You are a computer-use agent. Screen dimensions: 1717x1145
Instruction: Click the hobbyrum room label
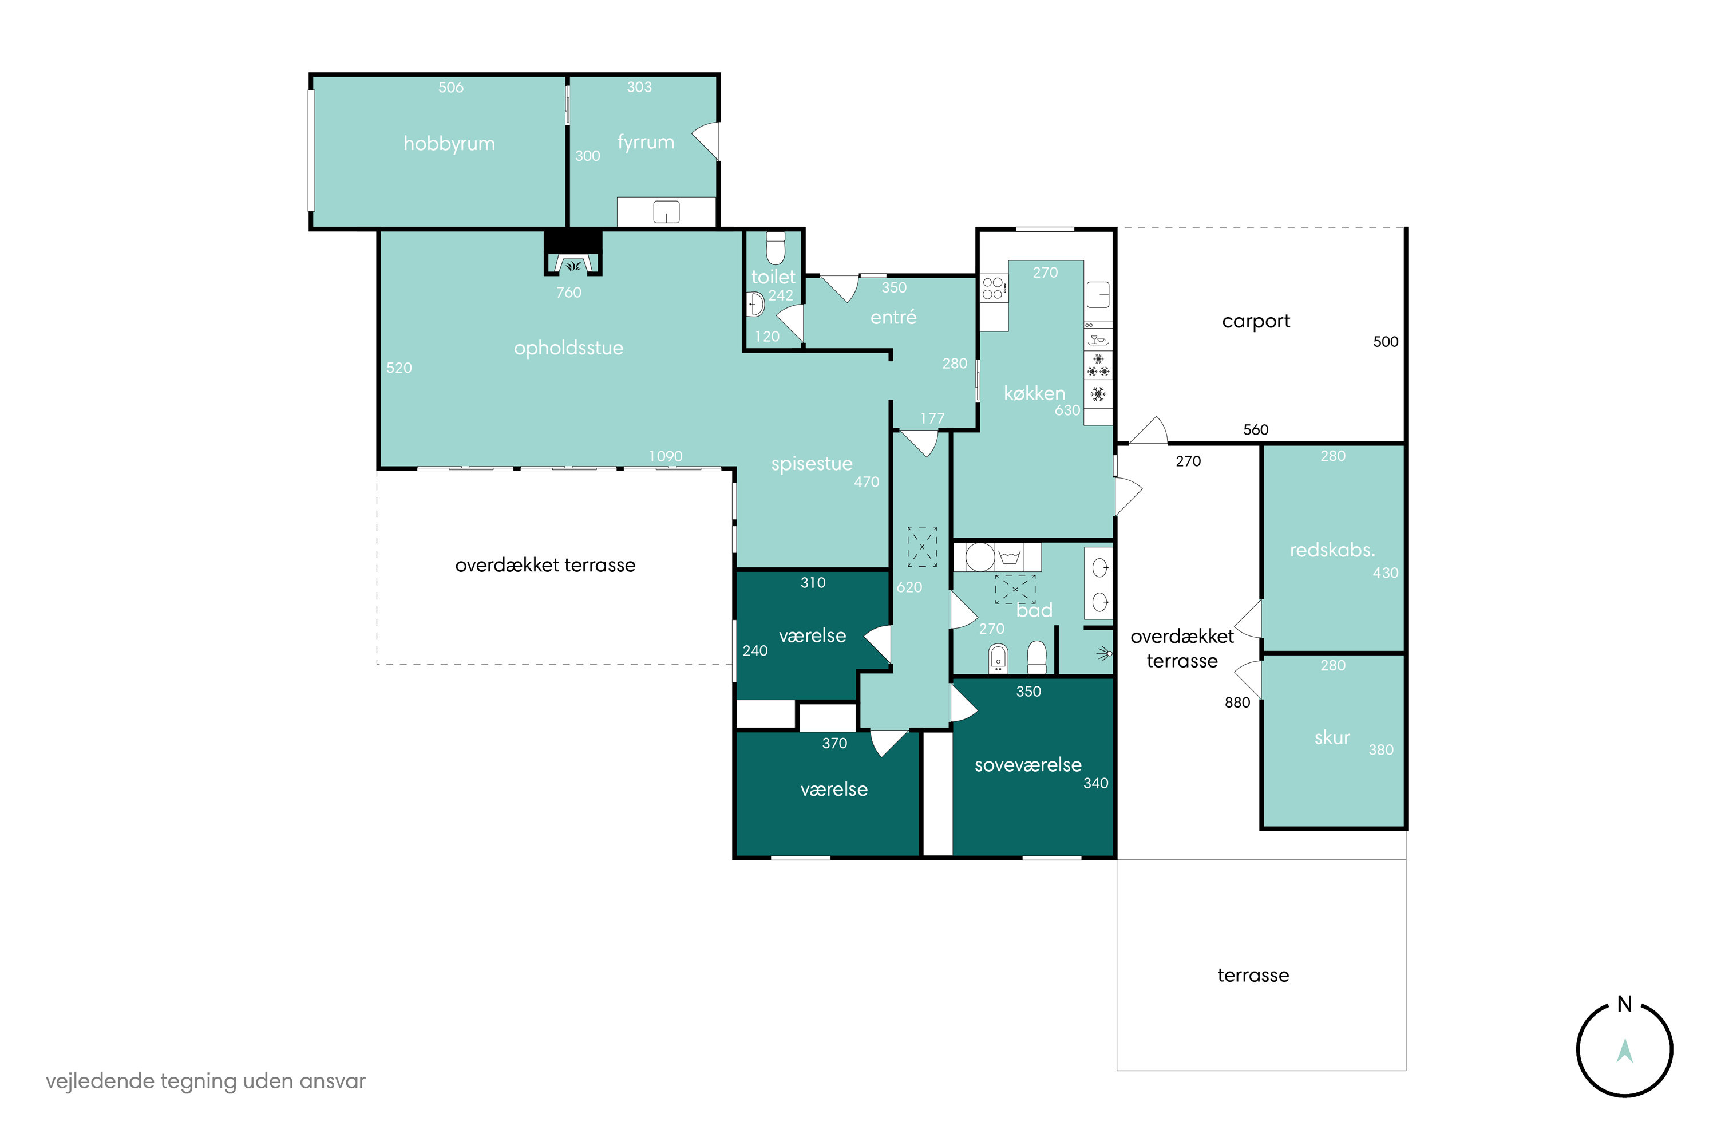(x=449, y=144)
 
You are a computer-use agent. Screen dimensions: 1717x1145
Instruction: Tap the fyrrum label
(x=646, y=143)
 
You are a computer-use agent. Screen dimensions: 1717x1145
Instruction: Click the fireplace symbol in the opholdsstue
(x=573, y=263)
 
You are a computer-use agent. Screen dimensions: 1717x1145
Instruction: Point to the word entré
(x=893, y=317)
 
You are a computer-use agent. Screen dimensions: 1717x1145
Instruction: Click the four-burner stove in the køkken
(x=994, y=288)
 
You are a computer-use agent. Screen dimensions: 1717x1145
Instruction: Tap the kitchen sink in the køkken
(x=1098, y=295)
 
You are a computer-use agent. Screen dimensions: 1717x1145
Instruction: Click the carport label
(x=1256, y=322)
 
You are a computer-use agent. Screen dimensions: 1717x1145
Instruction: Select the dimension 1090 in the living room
(x=665, y=456)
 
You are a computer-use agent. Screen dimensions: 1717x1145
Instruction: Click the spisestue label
(x=812, y=464)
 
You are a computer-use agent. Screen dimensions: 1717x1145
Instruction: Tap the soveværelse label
(x=1028, y=764)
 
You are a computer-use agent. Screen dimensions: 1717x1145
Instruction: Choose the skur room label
(x=1332, y=737)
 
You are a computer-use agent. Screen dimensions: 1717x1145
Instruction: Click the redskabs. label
(x=1332, y=550)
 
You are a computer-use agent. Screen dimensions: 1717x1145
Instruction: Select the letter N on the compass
(x=1624, y=1004)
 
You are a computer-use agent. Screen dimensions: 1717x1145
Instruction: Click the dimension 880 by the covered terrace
(x=1237, y=702)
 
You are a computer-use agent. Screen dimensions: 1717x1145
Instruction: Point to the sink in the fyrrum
(x=666, y=212)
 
